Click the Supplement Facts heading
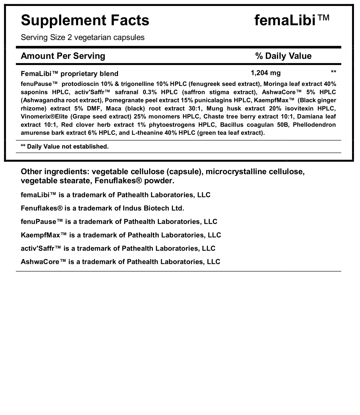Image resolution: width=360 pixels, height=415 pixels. (x=85, y=20)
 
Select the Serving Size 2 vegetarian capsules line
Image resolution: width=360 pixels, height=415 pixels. (x=82, y=37)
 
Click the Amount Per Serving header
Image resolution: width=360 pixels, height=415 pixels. (x=63, y=56)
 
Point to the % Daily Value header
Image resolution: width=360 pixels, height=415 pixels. (x=283, y=56)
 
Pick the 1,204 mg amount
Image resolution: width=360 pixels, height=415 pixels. (x=265, y=73)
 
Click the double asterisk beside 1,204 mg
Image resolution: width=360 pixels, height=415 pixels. (x=333, y=72)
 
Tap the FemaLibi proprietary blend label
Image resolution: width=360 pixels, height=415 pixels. (x=69, y=74)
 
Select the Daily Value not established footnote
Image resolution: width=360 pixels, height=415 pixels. (x=65, y=146)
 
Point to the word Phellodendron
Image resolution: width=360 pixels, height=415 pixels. (x=314, y=125)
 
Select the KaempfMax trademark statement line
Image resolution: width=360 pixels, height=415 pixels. (x=121, y=235)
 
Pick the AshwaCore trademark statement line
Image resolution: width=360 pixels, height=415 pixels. (x=120, y=261)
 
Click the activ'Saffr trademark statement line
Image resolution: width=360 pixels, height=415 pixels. (x=118, y=248)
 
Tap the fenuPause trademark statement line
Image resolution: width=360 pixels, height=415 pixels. (x=119, y=221)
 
